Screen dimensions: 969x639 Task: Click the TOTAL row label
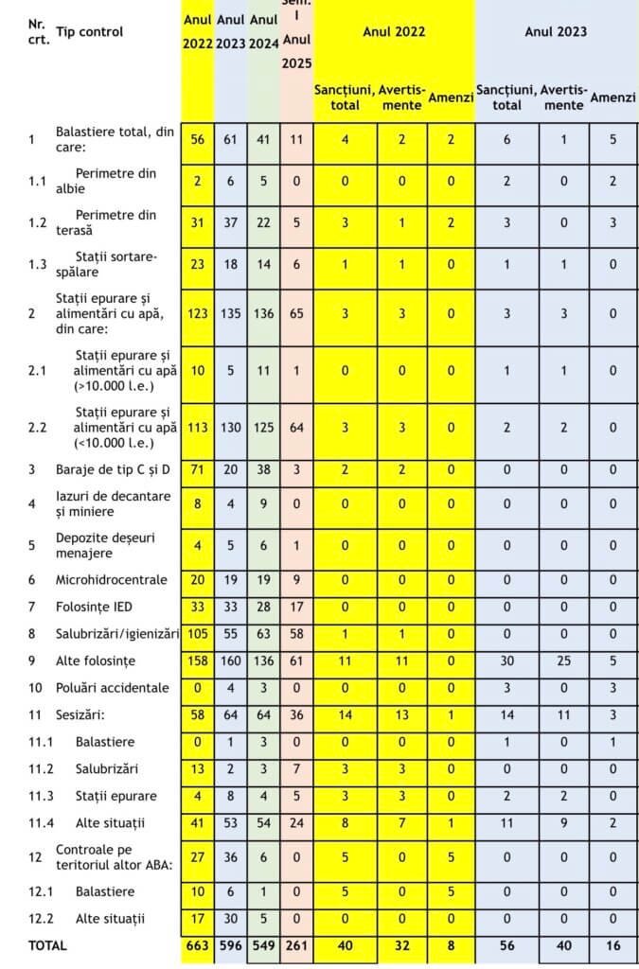tap(48, 944)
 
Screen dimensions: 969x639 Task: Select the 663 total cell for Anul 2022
tap(198, 944)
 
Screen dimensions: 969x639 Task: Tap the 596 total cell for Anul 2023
tap(231, 944)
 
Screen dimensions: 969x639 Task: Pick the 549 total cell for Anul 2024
tap(264, 944)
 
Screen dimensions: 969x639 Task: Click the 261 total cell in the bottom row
tap(296, 944)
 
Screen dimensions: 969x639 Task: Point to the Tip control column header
tap(89, 31)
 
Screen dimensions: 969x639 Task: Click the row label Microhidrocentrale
tap(111, 579)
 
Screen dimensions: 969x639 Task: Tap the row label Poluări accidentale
tap(112, 687)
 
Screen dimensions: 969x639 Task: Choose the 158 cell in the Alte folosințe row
tap(198, 660)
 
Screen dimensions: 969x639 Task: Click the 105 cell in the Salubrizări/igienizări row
tap(198, 633)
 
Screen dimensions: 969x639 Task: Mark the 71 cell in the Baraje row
tap(198, 468)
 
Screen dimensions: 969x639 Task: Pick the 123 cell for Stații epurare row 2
tap(198, 313)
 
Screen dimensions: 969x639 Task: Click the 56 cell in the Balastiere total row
tap(198, 139)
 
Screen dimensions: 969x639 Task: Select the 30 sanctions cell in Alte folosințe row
tap(506, 660)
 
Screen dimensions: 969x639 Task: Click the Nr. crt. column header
tap(38, 31)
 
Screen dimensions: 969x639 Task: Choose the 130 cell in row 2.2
tap(231, 427)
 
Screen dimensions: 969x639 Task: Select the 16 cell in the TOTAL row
tap(612, 944)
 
